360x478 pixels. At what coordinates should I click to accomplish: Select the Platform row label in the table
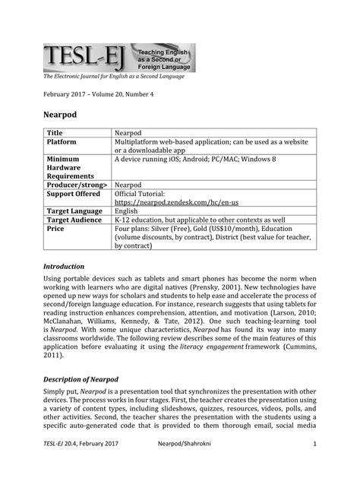64,142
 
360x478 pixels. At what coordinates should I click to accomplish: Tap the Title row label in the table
55,133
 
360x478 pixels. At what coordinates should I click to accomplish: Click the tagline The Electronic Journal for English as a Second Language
118,77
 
